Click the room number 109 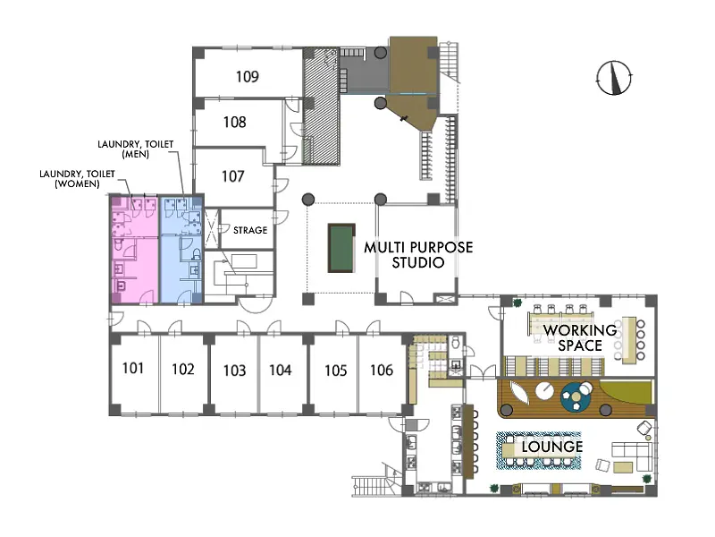point(248,76)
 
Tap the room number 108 point(234,122)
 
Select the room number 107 point(233,175)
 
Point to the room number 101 point(133,368)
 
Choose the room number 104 point(280,370)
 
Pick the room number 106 point(382,370)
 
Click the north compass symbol point(614,78)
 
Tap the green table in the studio point(341,248)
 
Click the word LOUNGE point(552,447)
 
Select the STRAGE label point(250,230)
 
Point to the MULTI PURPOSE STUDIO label point(418,255)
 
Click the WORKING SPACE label point(580,337)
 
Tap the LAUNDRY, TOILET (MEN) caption point(136,149)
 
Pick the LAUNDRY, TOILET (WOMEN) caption point(77,178)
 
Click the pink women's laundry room point(136,250)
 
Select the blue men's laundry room point(181,250)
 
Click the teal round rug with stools point(576,396)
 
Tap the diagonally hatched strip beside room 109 point(322,106)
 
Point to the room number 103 point(234,370)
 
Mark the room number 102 point(183,369)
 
